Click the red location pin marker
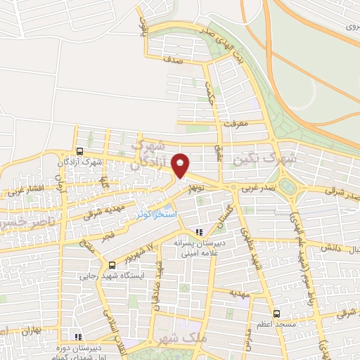[x=181, y=166]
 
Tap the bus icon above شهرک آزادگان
[x=79, y=151]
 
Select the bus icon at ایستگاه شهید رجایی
[x=112, y=264]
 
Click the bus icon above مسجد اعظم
[x=276, y=313]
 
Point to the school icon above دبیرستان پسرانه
[x=200, y=231]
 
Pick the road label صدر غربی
[x=252, y=188]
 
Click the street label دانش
[x=330, y=247]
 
